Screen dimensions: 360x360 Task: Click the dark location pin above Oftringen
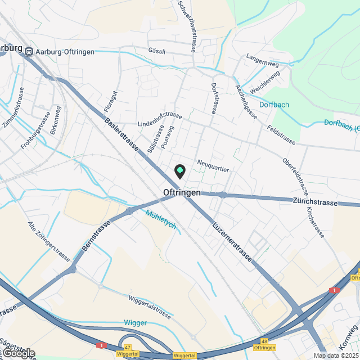tap(180, 171)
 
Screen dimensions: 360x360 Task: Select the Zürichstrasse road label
tap(315, 201)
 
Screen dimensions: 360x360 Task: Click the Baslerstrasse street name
tap(121, 133)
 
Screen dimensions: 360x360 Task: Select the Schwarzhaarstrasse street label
tap(187, 26)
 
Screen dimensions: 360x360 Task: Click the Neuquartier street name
tap(214, 166)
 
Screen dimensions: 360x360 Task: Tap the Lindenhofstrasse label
tap(160, 119)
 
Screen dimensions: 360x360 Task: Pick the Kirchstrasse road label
tap(315, 222)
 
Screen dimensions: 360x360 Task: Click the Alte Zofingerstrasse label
tap(48, 241)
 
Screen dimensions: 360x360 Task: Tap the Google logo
tap(18, 353)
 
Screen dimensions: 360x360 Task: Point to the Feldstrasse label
tap(282, 136)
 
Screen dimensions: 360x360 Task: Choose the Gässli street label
tap(156, 51)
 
